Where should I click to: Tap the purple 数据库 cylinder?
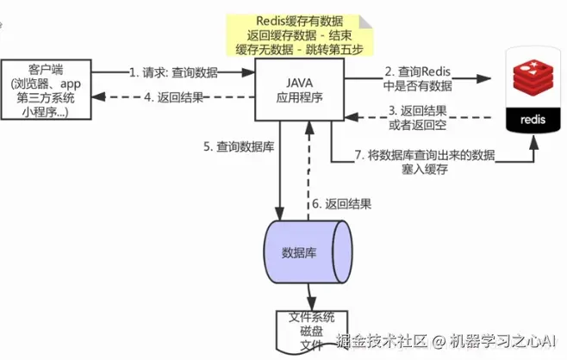[307, 251]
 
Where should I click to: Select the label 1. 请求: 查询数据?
[173, 72]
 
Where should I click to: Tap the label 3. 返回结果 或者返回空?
[421, 117]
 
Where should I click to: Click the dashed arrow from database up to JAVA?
[308, 172]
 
